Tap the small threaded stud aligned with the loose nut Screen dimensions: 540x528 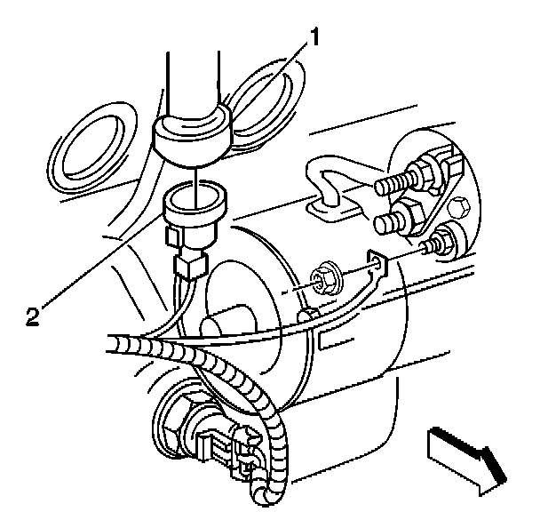click(438, 242)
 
